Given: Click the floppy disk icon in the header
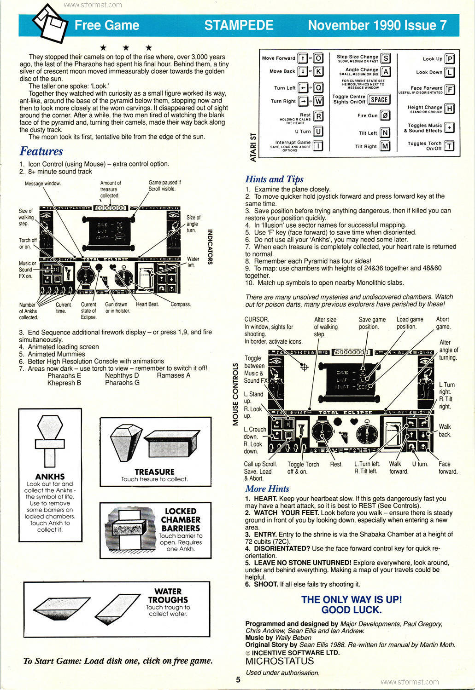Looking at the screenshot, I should pos(48,23).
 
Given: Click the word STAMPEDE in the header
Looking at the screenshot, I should pos(239,25).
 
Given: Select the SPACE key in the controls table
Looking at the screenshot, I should pos(379,99).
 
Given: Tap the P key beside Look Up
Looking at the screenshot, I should pos(450,59).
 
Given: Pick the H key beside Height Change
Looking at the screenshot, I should pos(450,109).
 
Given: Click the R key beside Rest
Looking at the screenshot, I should pos(318,115).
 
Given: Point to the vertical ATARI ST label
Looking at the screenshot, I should pos(252,147).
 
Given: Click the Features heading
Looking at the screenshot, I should pos(41,151).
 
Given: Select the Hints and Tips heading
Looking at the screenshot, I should pos(274,179).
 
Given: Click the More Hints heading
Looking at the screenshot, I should pos(267,489).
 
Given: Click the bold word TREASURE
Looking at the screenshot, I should pos(154,471).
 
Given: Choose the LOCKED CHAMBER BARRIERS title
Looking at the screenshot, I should pos(180,520).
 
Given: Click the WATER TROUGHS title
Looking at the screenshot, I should pos(168,596).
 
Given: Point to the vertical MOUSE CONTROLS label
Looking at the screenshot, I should pos(236,394).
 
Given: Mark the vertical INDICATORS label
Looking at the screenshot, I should pos(210,247).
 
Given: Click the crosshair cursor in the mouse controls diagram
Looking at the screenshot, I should pos(304,367).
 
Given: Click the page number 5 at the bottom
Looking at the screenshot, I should pos(238,680).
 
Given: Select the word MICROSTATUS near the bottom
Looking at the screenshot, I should pos(279,661).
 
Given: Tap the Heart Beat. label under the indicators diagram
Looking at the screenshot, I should pos(147,305).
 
